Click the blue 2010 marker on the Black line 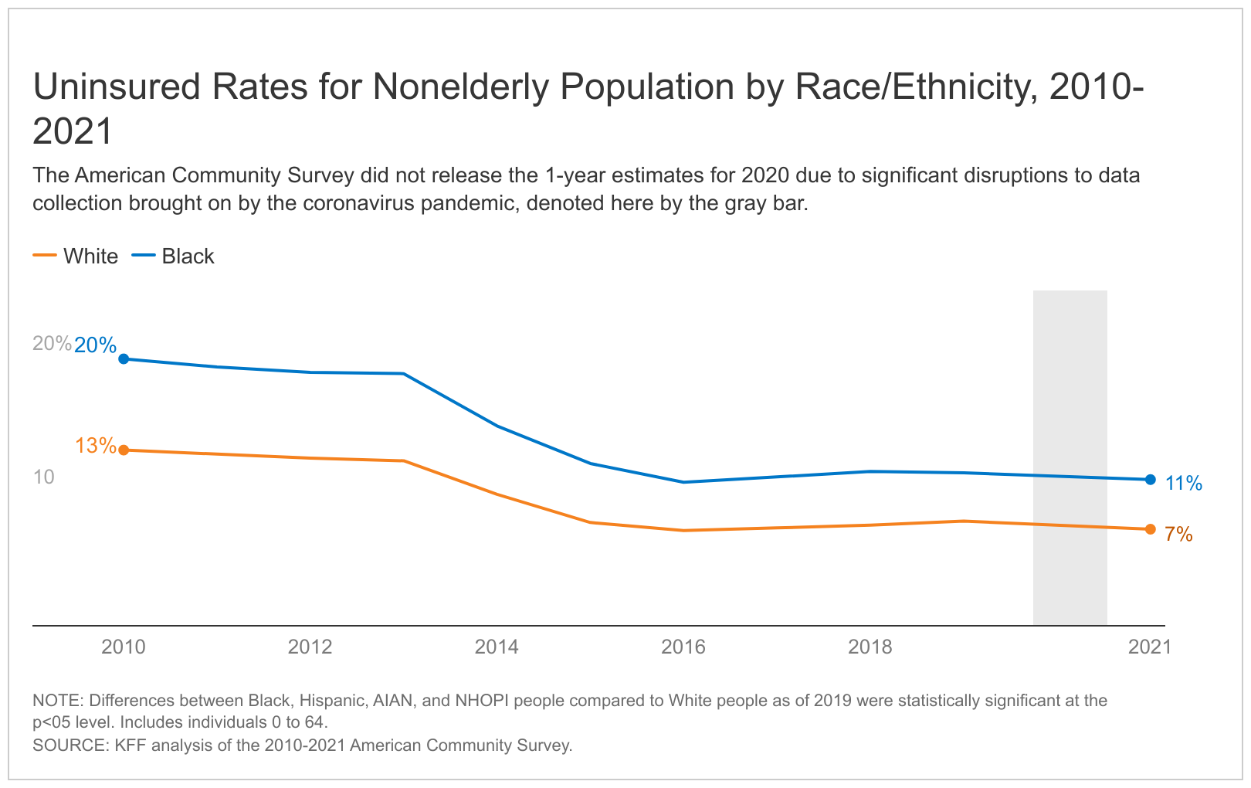[124, 358]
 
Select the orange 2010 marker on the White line [124, 450]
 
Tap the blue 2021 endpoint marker [1150, 480]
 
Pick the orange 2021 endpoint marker [1150, 529]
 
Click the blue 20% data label [95, 345]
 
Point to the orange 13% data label [96, 446]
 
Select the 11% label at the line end [1184, 484]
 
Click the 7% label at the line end [1178, 534]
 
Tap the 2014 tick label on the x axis [497, 647]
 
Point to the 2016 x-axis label [683, 647]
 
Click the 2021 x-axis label [1149, 647]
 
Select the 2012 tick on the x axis [310, 647]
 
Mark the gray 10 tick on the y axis [44, 477]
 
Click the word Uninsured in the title [115, 87]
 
